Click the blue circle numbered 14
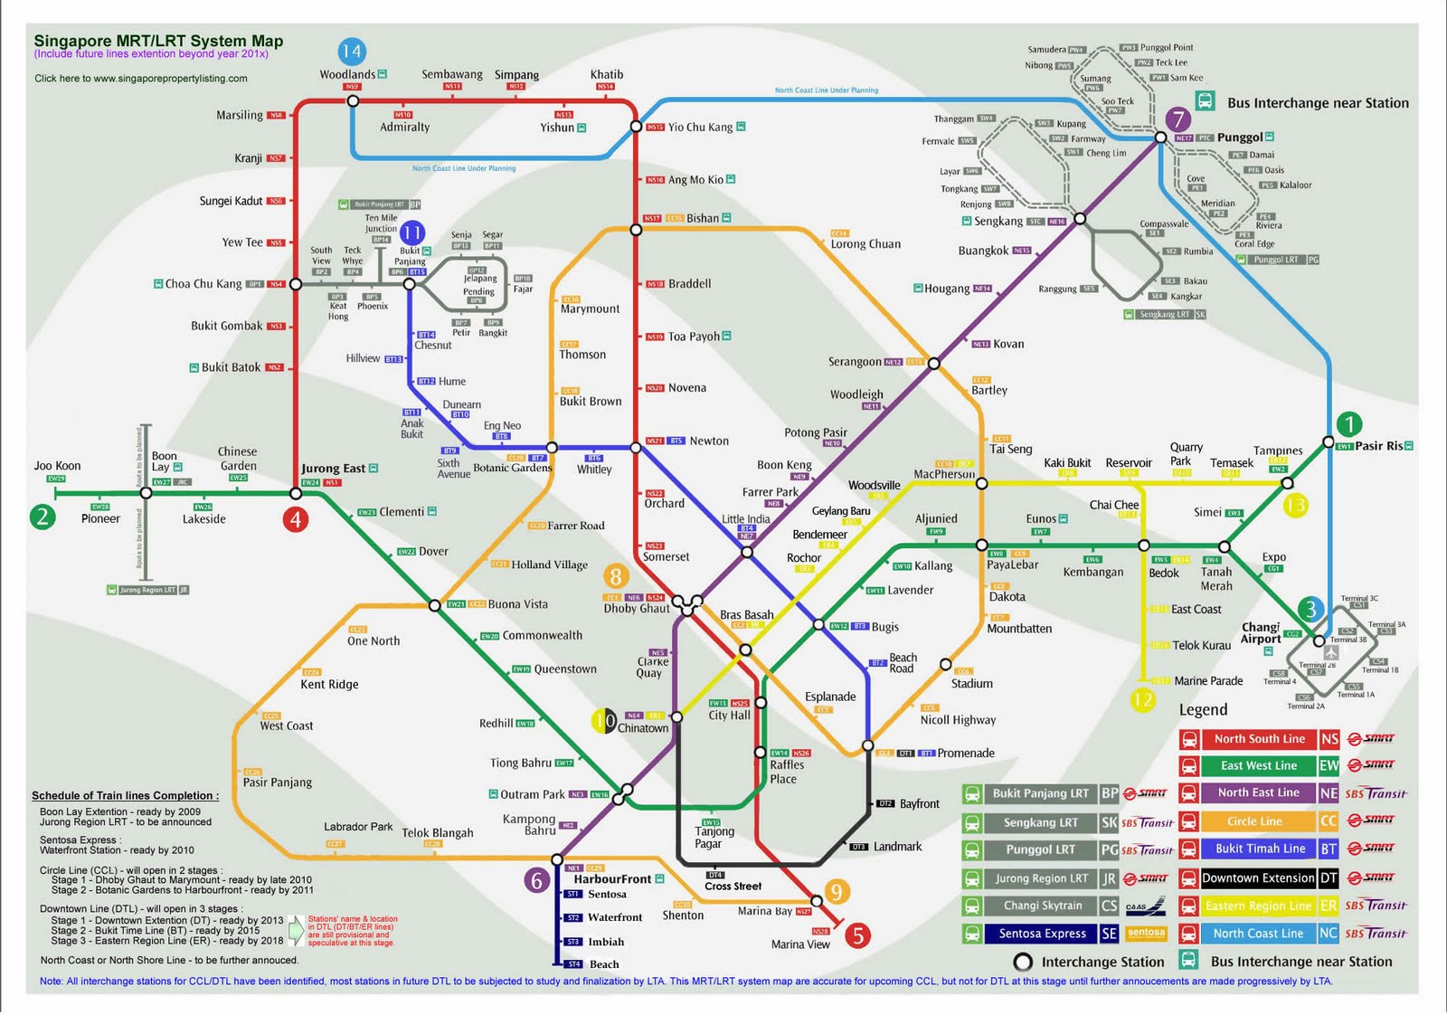[351, 52]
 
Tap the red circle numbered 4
[295, 519]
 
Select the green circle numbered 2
[43, 517]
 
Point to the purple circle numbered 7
[1177, 119]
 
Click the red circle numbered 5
[857, 934]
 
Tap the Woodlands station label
[347, 74]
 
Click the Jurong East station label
[333, 469]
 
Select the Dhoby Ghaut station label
[637, 609]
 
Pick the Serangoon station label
[855, 362]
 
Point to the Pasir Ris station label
[1378, 446]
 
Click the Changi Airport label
[1261, 632]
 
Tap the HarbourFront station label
[612, 879]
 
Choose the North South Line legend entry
[1259, 739]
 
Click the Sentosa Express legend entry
[1042, 934]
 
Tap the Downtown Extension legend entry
[1257, 877]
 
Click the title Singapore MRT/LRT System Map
[158, 41]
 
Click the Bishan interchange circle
[636, 230]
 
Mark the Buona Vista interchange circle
[435, 605]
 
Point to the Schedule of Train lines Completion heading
[125, 796]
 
